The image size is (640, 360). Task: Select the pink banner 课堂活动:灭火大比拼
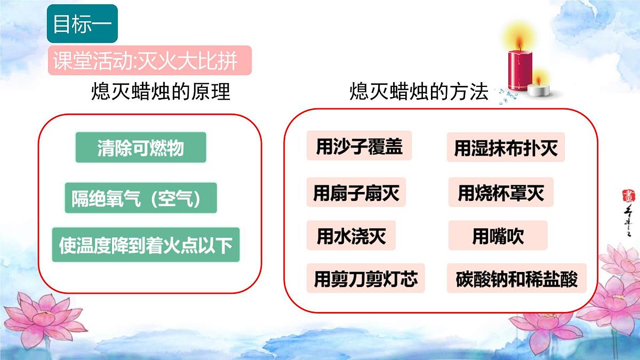pyautogui.click(x=149, y=62)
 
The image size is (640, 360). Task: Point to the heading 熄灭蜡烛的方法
pyautogui.click(x=419, y=92)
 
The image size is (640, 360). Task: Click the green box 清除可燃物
pyautogui.click(x=141, y=148)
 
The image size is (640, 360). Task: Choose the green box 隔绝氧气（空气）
pyautogui.click(x=141, y=198)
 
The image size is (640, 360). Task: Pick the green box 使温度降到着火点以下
pyautogui.click(x=146, y=245)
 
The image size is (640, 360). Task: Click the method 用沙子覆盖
pyautogui.click(x=359, y=146)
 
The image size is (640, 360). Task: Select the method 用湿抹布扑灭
pyautogui.click(x=506, y=148)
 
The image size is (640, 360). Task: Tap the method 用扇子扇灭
pyautogui.click(x=356, y=193)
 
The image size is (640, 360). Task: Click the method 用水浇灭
pyautogui.click(x=351, y=235)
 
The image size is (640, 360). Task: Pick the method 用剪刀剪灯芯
pyautogui.click(x=365, y=278)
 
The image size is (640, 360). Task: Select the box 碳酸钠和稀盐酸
pyautogui.click(x=517, y=278)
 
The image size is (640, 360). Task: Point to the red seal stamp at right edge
pyautogui.click(x=626, y=195)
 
